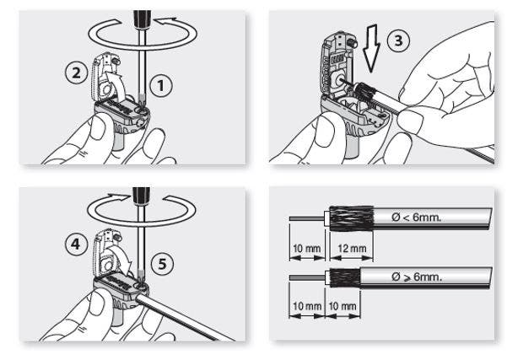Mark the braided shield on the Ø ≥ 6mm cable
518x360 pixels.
[x=344, y=279]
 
